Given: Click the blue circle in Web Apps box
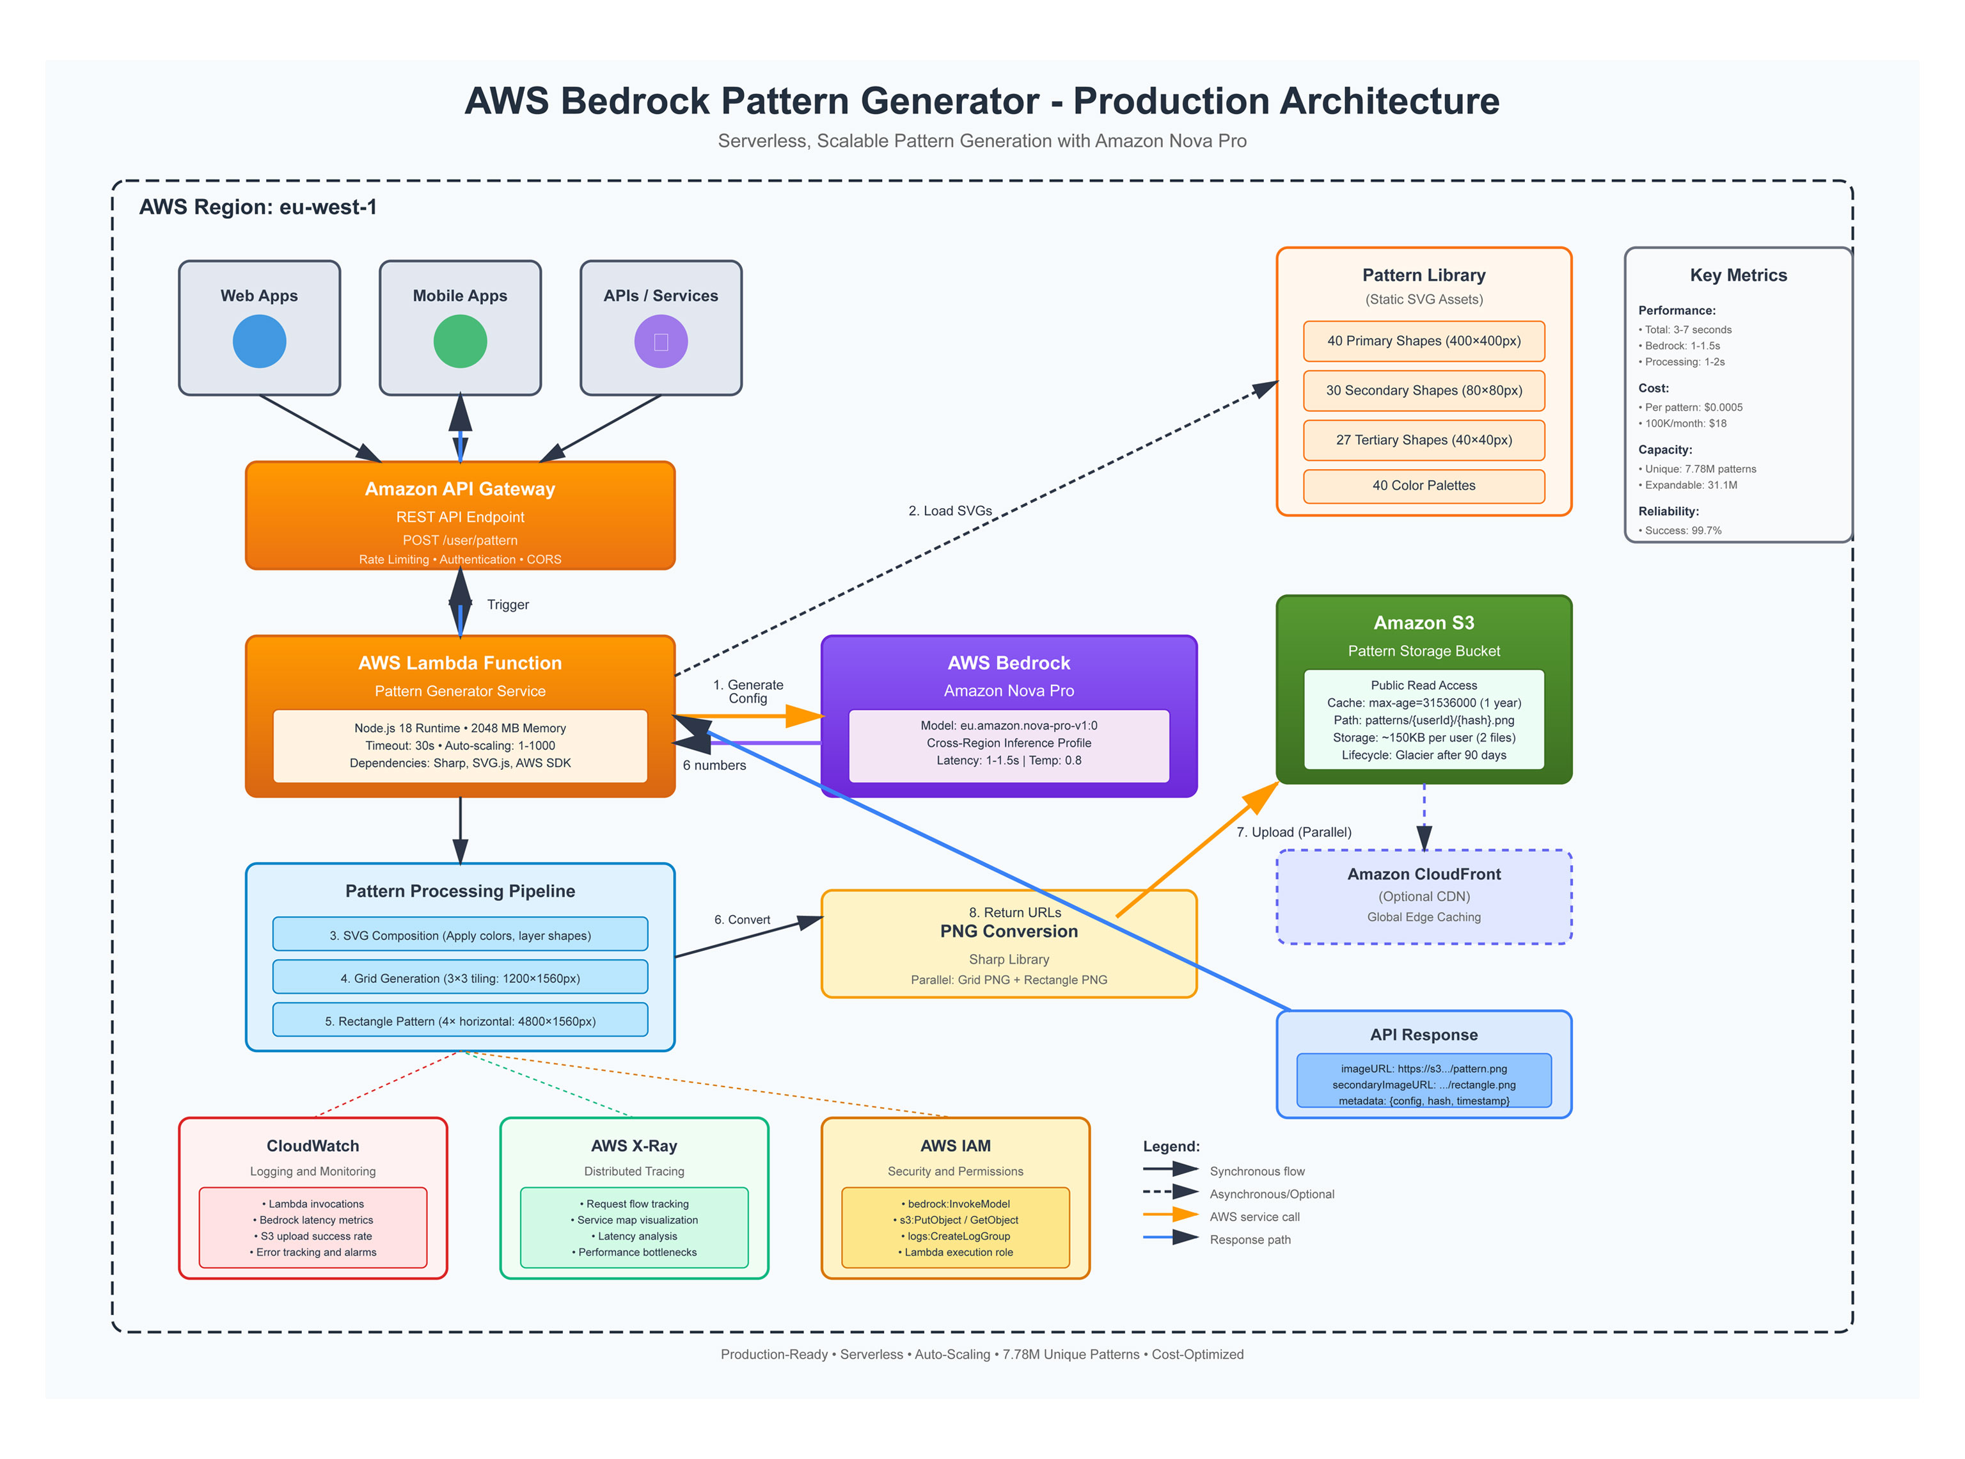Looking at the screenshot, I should pyautogui.click(x=260, y=342).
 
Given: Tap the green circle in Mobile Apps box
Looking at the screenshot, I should pyautogui.click(x=460, y=342).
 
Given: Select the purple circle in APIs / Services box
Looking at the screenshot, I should pyautogui.click(x=660, y=342).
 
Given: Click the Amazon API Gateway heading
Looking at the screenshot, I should pyautogui.click(x=460, y=490).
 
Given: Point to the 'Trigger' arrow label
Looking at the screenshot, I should pyautogui.click(x=508, y=605).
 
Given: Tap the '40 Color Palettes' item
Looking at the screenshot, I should pyautogui.click(x=1423, y=486).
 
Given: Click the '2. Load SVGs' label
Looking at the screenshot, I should pyautogui.click(x=950, y=511).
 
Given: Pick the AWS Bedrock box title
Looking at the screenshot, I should pyautogui.click(x=1008, y=663).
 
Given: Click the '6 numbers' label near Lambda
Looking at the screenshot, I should pyautogui.click(x=714, y=766).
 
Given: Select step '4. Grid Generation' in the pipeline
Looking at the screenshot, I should pyautogui.click(x=460, y=978).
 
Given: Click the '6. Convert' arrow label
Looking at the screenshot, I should pyautogui.click(x=741, y=920).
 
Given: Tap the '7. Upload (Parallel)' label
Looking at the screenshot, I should pyautogui.click(x=1293, y=833).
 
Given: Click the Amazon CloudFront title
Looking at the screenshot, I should pyautogui.click(x=1423, y=874).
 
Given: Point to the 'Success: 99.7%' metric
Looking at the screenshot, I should pyautogui.click(x=1682, y=530).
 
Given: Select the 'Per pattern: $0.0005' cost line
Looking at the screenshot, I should pyautogui.click(x=1693, y=408).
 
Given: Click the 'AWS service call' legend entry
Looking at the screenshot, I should pyautogui.click(x=1254, y=1217).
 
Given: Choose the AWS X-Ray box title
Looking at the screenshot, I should pyautogui.click(x=634, y=1146).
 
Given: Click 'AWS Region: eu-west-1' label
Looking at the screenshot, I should pyautogui.click(x=258, y=207).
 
